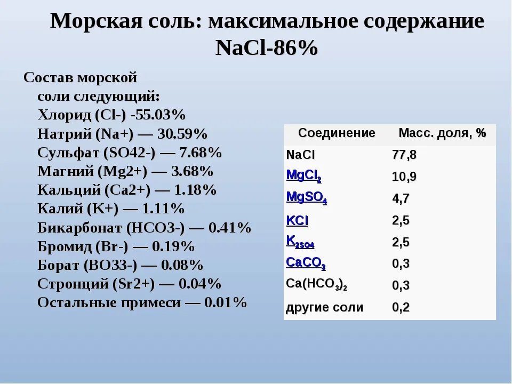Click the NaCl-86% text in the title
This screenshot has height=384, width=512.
coord(267,49)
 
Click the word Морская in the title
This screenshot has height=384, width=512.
coord(97,21)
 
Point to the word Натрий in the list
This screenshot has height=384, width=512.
coord(65,134)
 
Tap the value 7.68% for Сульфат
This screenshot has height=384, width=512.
coord(201,153)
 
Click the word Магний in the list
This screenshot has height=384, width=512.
coord(66,171)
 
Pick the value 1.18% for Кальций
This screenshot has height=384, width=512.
coord(195,190)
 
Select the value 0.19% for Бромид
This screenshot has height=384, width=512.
coord(173,246)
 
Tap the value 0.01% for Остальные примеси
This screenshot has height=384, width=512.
coord(225,303)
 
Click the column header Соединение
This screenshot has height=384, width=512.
coord(337,133)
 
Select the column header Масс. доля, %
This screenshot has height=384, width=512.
coord(443,133)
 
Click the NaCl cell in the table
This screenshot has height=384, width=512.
coord(300,155)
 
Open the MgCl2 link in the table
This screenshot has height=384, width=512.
coord(303,176)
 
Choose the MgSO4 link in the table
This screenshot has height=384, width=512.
coord(307,197)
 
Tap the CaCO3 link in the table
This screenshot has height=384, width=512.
coord(306,263)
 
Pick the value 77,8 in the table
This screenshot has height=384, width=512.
coord(404,155)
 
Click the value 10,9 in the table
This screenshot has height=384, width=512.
coord(404,177)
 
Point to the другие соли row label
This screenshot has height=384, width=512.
coord(325,308)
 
